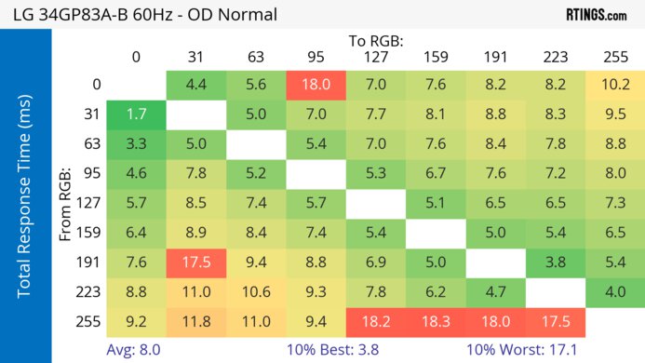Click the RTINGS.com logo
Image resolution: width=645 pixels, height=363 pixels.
[x=596, y=15]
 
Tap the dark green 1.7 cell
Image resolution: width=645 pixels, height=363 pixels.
[x=136, y=116]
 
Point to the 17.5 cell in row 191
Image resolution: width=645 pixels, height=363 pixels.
[x=195, y=262]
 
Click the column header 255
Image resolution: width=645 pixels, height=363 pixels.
[x=615, y=57]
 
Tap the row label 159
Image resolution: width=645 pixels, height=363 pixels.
[x=89, y=234]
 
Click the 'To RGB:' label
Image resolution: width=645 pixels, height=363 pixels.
[x=376, y=41]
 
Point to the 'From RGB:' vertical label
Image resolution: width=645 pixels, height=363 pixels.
[x=66, y=203]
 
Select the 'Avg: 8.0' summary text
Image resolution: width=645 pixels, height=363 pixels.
[x=137, y=350]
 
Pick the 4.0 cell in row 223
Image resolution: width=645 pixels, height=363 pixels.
[x=615, y=292]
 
